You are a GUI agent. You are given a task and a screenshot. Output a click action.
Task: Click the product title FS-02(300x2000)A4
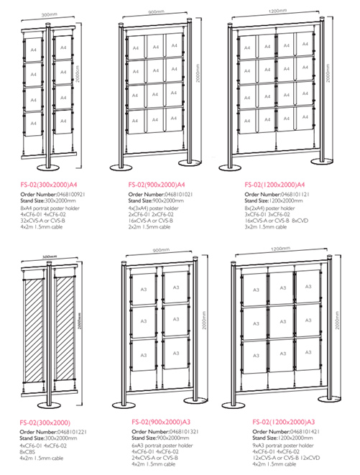pos(48,184)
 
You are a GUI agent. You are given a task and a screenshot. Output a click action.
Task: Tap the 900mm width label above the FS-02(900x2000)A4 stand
pos(156,12)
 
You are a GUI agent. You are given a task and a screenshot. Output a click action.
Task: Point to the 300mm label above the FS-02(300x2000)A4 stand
pos(49,14)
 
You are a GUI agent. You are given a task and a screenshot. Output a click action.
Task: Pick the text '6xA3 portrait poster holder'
pos(162,446)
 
